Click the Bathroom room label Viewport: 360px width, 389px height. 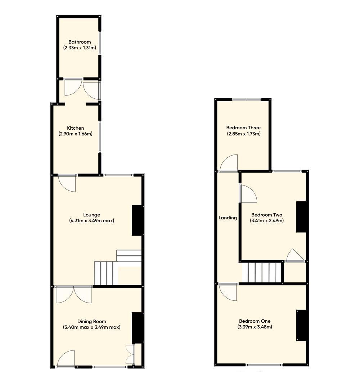(80, 42)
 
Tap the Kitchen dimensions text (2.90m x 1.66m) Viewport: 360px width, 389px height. (76, 134)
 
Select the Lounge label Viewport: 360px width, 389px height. (91, 215)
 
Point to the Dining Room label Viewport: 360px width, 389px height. (91, 321)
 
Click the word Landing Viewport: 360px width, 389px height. (228, 218)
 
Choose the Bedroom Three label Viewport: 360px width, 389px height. (243, 128)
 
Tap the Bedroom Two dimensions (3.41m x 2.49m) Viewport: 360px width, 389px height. (267, 220)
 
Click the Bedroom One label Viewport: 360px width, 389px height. (255, 321)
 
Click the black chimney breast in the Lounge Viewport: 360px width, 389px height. (138, 220)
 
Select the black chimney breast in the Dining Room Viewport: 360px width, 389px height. (138, 328)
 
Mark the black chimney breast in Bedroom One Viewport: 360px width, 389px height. (302, 325)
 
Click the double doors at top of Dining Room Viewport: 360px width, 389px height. (74, 294)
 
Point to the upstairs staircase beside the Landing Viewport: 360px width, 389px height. (262, 273)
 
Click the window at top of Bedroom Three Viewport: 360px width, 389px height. (247, 99)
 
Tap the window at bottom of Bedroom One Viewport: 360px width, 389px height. (264, 365)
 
